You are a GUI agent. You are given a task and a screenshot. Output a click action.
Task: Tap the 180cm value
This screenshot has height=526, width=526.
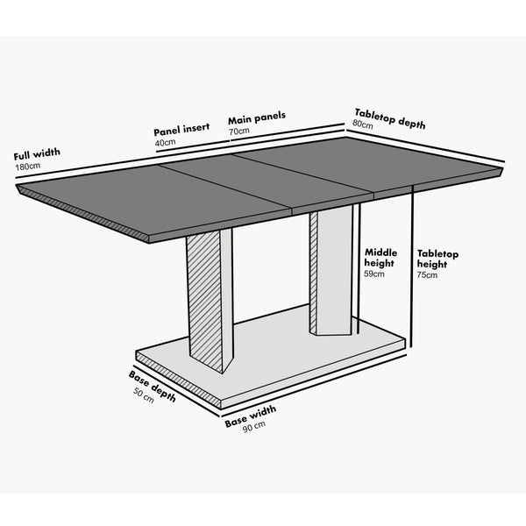(28, 166)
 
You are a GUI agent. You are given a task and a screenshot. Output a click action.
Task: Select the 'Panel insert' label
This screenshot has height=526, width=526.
(181, 128)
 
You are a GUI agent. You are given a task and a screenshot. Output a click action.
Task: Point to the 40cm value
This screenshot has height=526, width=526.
(165, 141)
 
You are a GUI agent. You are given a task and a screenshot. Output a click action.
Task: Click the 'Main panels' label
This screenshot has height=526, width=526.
(257, 117)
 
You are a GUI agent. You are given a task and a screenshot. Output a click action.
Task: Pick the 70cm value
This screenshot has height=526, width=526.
(239, 131)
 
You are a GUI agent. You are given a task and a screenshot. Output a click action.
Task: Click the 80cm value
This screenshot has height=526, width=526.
(363, 124)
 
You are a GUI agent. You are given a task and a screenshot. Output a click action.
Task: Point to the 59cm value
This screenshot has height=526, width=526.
(374, 274)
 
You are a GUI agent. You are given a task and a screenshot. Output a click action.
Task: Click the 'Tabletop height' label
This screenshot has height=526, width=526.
(437, 259)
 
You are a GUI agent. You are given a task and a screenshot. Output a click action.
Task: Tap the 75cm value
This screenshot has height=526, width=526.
(427, 275)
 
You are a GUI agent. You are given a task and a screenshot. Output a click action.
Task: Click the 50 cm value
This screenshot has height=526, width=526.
(143, 395)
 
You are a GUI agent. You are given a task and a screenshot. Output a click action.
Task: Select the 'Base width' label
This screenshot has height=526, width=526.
(250, 416)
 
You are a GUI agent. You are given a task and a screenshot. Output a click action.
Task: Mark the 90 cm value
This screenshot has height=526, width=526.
(255, 427)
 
